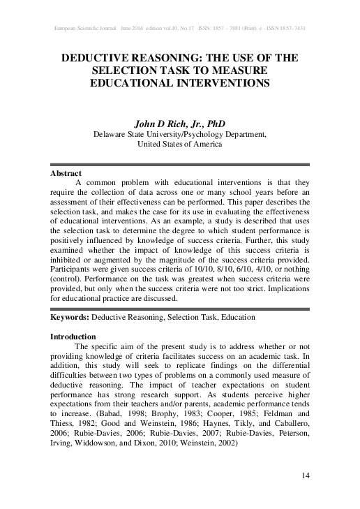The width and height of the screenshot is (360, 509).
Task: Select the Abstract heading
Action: click(66, 172)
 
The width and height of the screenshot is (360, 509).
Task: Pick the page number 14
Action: click(305, 476)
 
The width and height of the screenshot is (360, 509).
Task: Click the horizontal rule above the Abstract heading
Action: click(180, 165)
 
